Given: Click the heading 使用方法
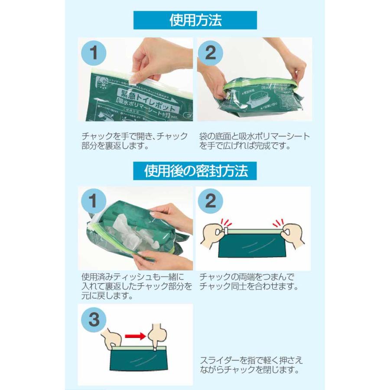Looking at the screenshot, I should pos(195,20).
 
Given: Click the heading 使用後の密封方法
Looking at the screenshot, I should pos(195,170).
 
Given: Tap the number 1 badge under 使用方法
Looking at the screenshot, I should pos(94,53).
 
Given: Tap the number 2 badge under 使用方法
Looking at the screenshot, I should pos(210,53).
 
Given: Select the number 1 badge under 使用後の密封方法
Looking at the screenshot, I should pos(94,202).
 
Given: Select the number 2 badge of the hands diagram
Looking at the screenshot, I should pos(210,202).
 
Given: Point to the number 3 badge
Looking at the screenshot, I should pos(94,320).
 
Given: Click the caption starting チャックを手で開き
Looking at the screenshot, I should pos(135,141).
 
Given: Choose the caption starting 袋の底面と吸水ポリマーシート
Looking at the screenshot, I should pos(255,141).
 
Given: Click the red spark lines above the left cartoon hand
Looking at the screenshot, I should pos(226,222).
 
